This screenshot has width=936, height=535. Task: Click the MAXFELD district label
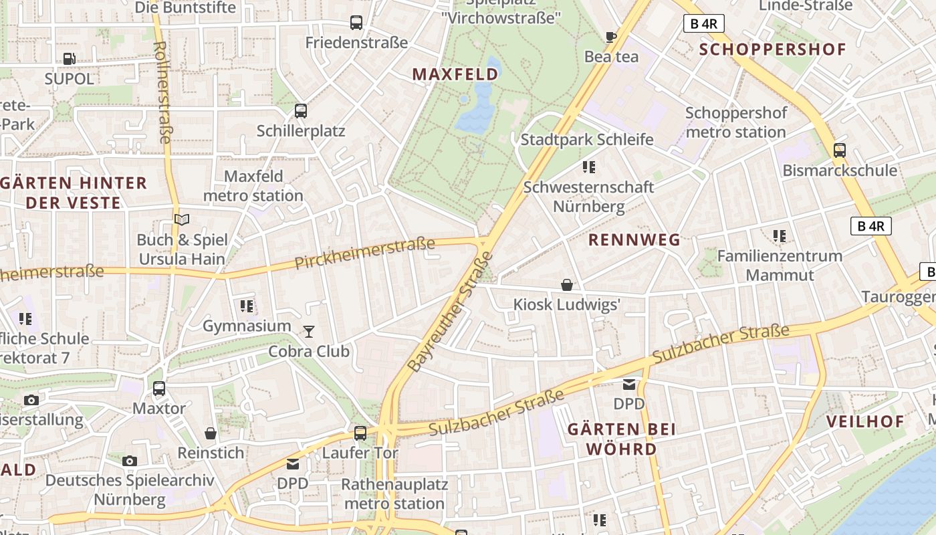pyautogui.click(x=455, y=74)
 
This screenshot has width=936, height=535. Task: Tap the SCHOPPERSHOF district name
pyautogui.click(x=773, y=49)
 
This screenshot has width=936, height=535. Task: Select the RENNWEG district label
pyautogui.click(x=634, y=239)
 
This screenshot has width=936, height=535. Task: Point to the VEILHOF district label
pyautogui.click(x=865, y=421)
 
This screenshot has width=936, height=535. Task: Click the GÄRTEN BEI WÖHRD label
pyautogui.click(x=612, y=439)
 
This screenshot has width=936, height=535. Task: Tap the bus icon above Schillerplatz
pyautogui.click(x=301, y=111)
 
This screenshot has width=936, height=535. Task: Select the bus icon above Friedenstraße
pyautogui.click(x=356, y=23)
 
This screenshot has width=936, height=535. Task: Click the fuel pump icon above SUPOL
pyautogui.click(x=69, y=59)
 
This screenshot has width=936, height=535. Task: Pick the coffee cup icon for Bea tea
pyautogui.click(x=610, y=37)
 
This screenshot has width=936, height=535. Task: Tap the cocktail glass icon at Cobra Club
pyautogui.click(x=309, y=331)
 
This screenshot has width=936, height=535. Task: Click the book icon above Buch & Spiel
pyautogui.click(x=182, y=219)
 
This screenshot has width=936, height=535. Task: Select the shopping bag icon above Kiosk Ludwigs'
pyautogui.click(x=567, y=285)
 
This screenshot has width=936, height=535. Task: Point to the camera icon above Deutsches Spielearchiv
pyautogui.click(x=130, y=461)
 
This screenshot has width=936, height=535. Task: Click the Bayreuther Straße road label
pyautogui.click(x=450, y=312)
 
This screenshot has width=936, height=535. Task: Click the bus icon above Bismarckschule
pyautogui.click(x=840, y=150)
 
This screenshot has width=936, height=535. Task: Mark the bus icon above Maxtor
pyautogui.click(x=159, y=389)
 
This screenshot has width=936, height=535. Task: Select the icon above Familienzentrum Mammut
pyautogui.click(x=779, y=235)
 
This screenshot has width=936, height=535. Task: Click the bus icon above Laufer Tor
pyautogui.click(x=360, y=433)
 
